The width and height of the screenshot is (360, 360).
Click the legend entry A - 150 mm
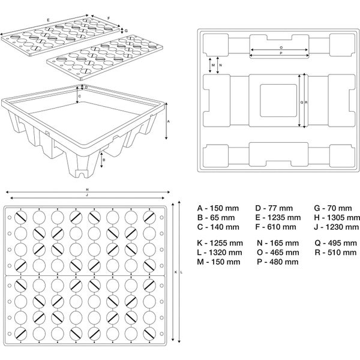coord(218,208)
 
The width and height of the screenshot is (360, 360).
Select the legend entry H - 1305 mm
coord(337,218)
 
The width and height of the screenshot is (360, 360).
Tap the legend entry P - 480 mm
coord(278,262)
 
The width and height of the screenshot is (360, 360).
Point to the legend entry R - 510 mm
coord(335,253)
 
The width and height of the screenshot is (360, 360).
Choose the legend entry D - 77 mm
coord(274,208)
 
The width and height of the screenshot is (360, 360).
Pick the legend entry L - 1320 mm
coord(220,253)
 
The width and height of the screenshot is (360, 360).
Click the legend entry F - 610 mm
coord(275,227)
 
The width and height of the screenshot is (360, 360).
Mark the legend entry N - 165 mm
coord(278,243)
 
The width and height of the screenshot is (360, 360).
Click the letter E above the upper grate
coord(48,20)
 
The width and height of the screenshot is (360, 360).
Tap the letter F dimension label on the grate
coord(109,18)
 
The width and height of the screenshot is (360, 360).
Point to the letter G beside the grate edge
coord(126,31)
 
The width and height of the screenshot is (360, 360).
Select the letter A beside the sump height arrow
coord(168,121)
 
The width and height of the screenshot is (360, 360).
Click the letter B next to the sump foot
coord(104,160)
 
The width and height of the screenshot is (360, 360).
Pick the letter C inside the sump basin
coord(79,96)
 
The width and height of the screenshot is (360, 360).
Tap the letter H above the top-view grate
coord(87,190)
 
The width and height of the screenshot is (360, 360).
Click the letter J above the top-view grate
coord(87,195)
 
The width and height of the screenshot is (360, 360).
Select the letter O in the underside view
coord(281,47)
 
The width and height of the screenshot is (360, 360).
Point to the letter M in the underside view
coord(213,65)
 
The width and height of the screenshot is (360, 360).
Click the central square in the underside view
coord(278,100)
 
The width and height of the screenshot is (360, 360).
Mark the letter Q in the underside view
coord(302,103)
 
